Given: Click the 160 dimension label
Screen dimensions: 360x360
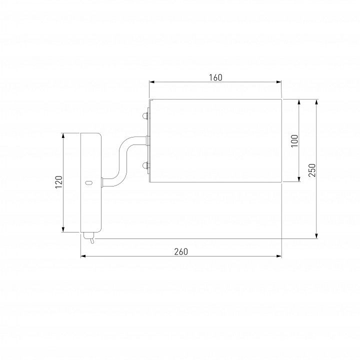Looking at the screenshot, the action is tap(215, 77).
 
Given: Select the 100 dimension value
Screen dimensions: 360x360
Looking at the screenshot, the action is tap(294, 140).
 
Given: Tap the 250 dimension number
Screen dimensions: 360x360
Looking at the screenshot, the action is tap(312, 170).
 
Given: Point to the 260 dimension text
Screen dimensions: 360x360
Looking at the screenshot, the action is tap(181, 252).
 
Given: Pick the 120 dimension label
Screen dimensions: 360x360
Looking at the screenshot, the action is tap(59, 182).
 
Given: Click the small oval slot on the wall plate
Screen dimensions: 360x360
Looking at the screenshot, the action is tap(88, 183).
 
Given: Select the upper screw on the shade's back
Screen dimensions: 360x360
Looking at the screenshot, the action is tap(145, 115).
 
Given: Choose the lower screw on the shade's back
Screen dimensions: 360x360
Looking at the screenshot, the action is tap(145, 165).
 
